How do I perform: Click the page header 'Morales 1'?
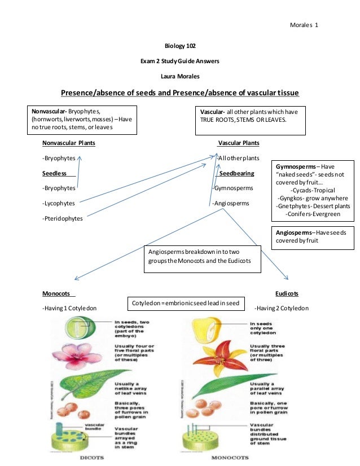pyautogui.click(x=304, y=25)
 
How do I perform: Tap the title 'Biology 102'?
pyautogui.click(x=180, y=45)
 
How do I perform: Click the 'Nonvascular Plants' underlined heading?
pyautogui.click(x=69, y=143)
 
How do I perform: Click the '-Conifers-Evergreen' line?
pyautogui.click(x=313, y=214)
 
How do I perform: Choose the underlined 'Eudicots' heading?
pyautogui.click(x=287, y=294)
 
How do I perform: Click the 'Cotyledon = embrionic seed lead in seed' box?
pyautogui.click(x=185, y=303)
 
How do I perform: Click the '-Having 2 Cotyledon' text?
pyautogui.click(x=281, y=309)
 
